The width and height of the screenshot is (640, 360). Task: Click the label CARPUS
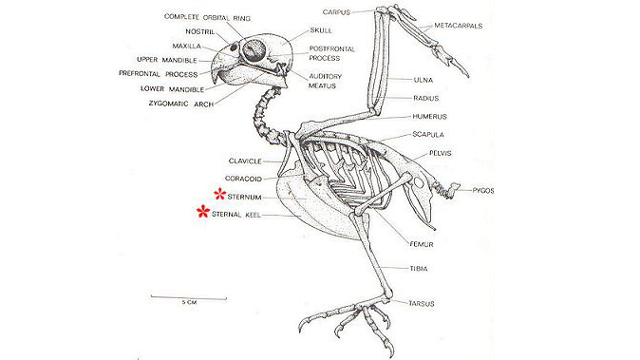click(336, 11)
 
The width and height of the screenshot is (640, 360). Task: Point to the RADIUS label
click(425, 98)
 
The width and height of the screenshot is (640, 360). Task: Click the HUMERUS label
click(429, 116)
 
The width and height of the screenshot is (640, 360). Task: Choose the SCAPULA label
click(428, 135)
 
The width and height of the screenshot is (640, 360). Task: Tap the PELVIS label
click(441, 153)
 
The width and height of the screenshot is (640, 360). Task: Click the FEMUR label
click(422, 244)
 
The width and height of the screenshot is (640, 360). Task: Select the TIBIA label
click(418, 268)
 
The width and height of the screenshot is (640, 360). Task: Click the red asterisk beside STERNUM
click(217, 195)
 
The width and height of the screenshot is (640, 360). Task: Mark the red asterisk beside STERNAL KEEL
click(201, 212)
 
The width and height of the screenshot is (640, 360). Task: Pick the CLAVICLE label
click(246, 160)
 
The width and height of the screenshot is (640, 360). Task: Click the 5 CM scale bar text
click(188, 303)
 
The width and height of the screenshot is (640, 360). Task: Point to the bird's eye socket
click(254, 49)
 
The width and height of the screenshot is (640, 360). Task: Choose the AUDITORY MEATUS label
click(326, 81)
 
